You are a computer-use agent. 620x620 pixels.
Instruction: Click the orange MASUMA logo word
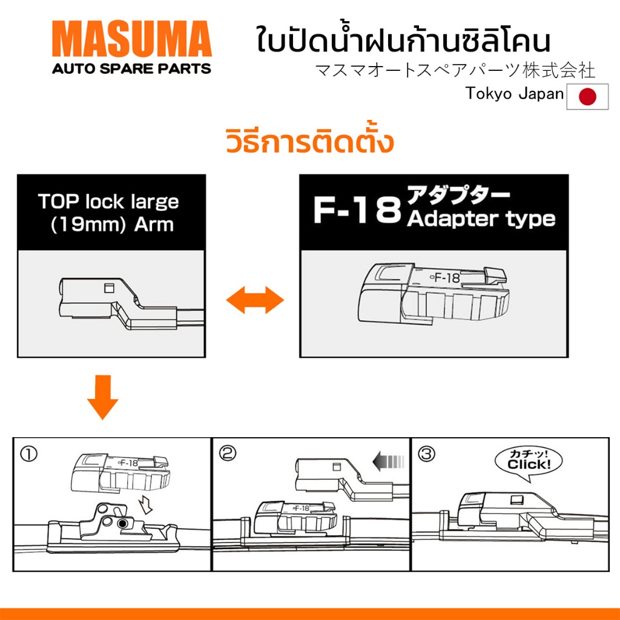tap(132, 39)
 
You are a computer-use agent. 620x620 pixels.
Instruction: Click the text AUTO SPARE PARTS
tap(131, 68)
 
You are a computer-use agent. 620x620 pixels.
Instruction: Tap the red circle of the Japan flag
tap(587, 96)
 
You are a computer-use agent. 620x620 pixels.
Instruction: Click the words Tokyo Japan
tap(515, 94)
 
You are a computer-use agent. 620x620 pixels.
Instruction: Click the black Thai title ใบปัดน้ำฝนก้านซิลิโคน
tap(403, 39)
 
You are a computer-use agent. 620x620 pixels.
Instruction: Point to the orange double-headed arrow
tap(255, 300)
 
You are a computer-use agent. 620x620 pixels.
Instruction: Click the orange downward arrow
tap(103, 397)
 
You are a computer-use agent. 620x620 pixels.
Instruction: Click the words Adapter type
tap(481, 219)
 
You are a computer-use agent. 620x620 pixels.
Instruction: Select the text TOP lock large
tap(108, 202)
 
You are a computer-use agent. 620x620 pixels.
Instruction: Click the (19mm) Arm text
tap(112, 225)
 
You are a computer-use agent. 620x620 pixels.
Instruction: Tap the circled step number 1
tap(29, 454)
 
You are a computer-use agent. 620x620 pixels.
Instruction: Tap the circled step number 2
tap(228, 453)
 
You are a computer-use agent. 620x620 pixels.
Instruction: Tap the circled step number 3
tap(426, 454)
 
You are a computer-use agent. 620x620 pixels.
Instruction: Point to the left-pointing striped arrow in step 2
tap(389, 461)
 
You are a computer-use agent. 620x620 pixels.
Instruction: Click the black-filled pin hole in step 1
tap(122, 524)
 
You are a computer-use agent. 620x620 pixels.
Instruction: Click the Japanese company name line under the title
tap(455, 70)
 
